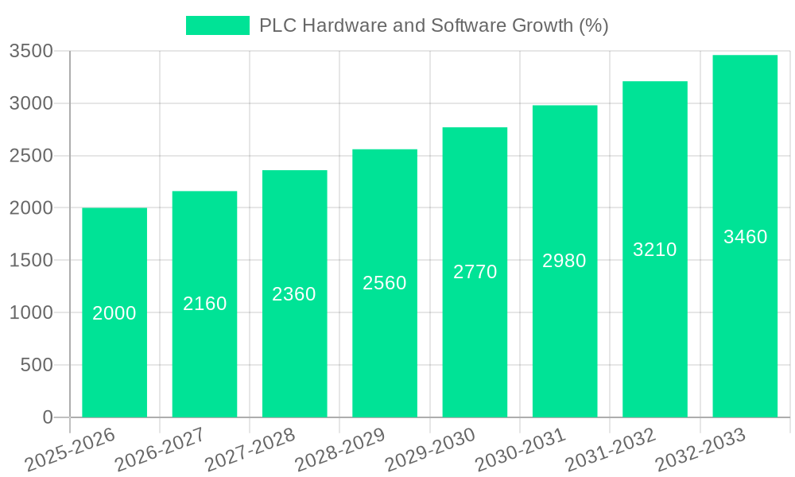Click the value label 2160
[205, 304]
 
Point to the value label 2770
[475, 272]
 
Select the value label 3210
[655, 250]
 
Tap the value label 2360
[294, 294]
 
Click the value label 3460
[746, 237]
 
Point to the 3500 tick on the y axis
[31, 52]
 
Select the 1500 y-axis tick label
[31, 261]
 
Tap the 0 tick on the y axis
[48, 417]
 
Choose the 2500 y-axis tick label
[31, 156]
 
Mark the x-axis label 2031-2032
[611, 450]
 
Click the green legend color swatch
[218, 25]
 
